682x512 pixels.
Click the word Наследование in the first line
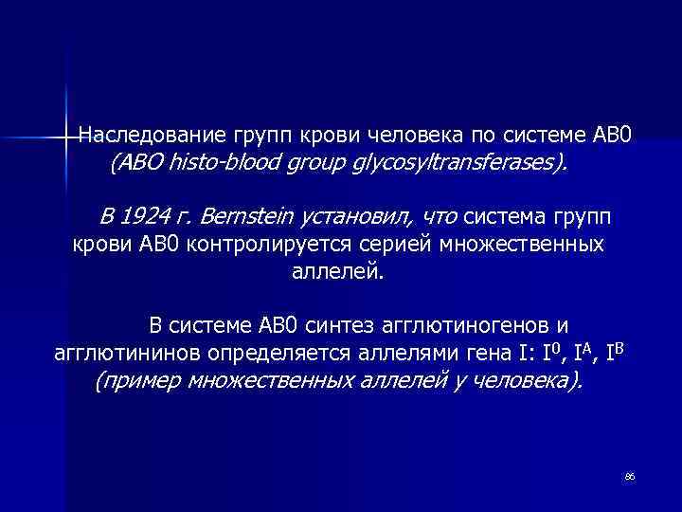click(138, 135)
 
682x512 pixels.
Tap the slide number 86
click(629, 475)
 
